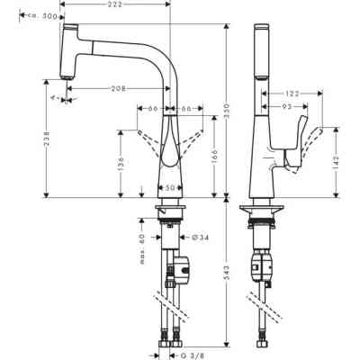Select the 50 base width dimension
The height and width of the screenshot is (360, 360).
[169, 188]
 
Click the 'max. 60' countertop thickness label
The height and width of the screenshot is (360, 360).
[142, 242]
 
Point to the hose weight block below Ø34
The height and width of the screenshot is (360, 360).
[181, 267]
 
